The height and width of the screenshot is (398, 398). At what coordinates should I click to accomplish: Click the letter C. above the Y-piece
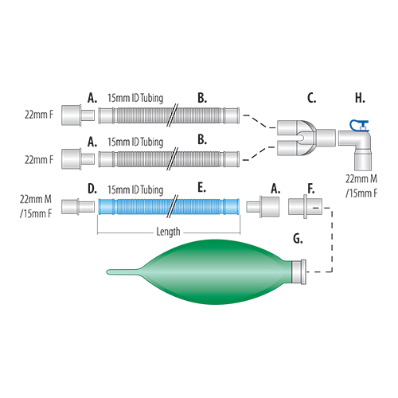[311, 99]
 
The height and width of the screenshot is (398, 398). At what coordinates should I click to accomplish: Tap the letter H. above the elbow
[360, 99]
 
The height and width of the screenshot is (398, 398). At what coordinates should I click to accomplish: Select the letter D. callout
[92, 189]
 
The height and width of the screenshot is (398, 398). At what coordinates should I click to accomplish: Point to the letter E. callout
[201, 189]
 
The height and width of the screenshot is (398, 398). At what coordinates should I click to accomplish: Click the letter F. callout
[310, 189]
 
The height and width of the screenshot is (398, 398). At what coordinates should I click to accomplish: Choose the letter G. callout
[297, 238]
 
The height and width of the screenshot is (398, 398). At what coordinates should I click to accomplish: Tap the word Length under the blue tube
[164, 232]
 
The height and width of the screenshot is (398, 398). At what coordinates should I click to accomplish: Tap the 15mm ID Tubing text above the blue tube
[136, 189]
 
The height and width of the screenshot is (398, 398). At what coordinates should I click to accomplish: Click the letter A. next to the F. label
[275, 189]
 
